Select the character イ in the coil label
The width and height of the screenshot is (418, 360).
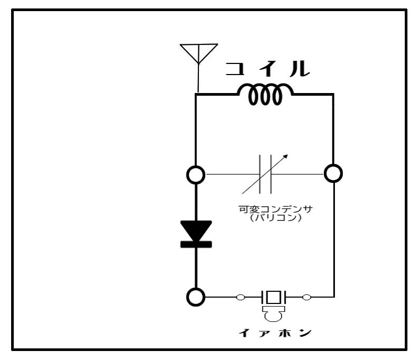coord(267,69)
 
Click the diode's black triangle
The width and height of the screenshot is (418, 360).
coord(196,229)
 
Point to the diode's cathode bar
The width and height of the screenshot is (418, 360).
coord(196,244)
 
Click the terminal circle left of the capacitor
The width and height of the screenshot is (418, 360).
coord(196,173)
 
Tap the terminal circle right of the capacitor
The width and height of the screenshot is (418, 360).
coord(333,172)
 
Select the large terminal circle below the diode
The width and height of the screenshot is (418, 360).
coord(196,297)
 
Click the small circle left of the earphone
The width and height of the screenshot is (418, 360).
coord(241,297)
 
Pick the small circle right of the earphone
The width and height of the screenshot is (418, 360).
coord(306,297)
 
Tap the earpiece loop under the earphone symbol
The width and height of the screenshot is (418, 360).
coord(274,316)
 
